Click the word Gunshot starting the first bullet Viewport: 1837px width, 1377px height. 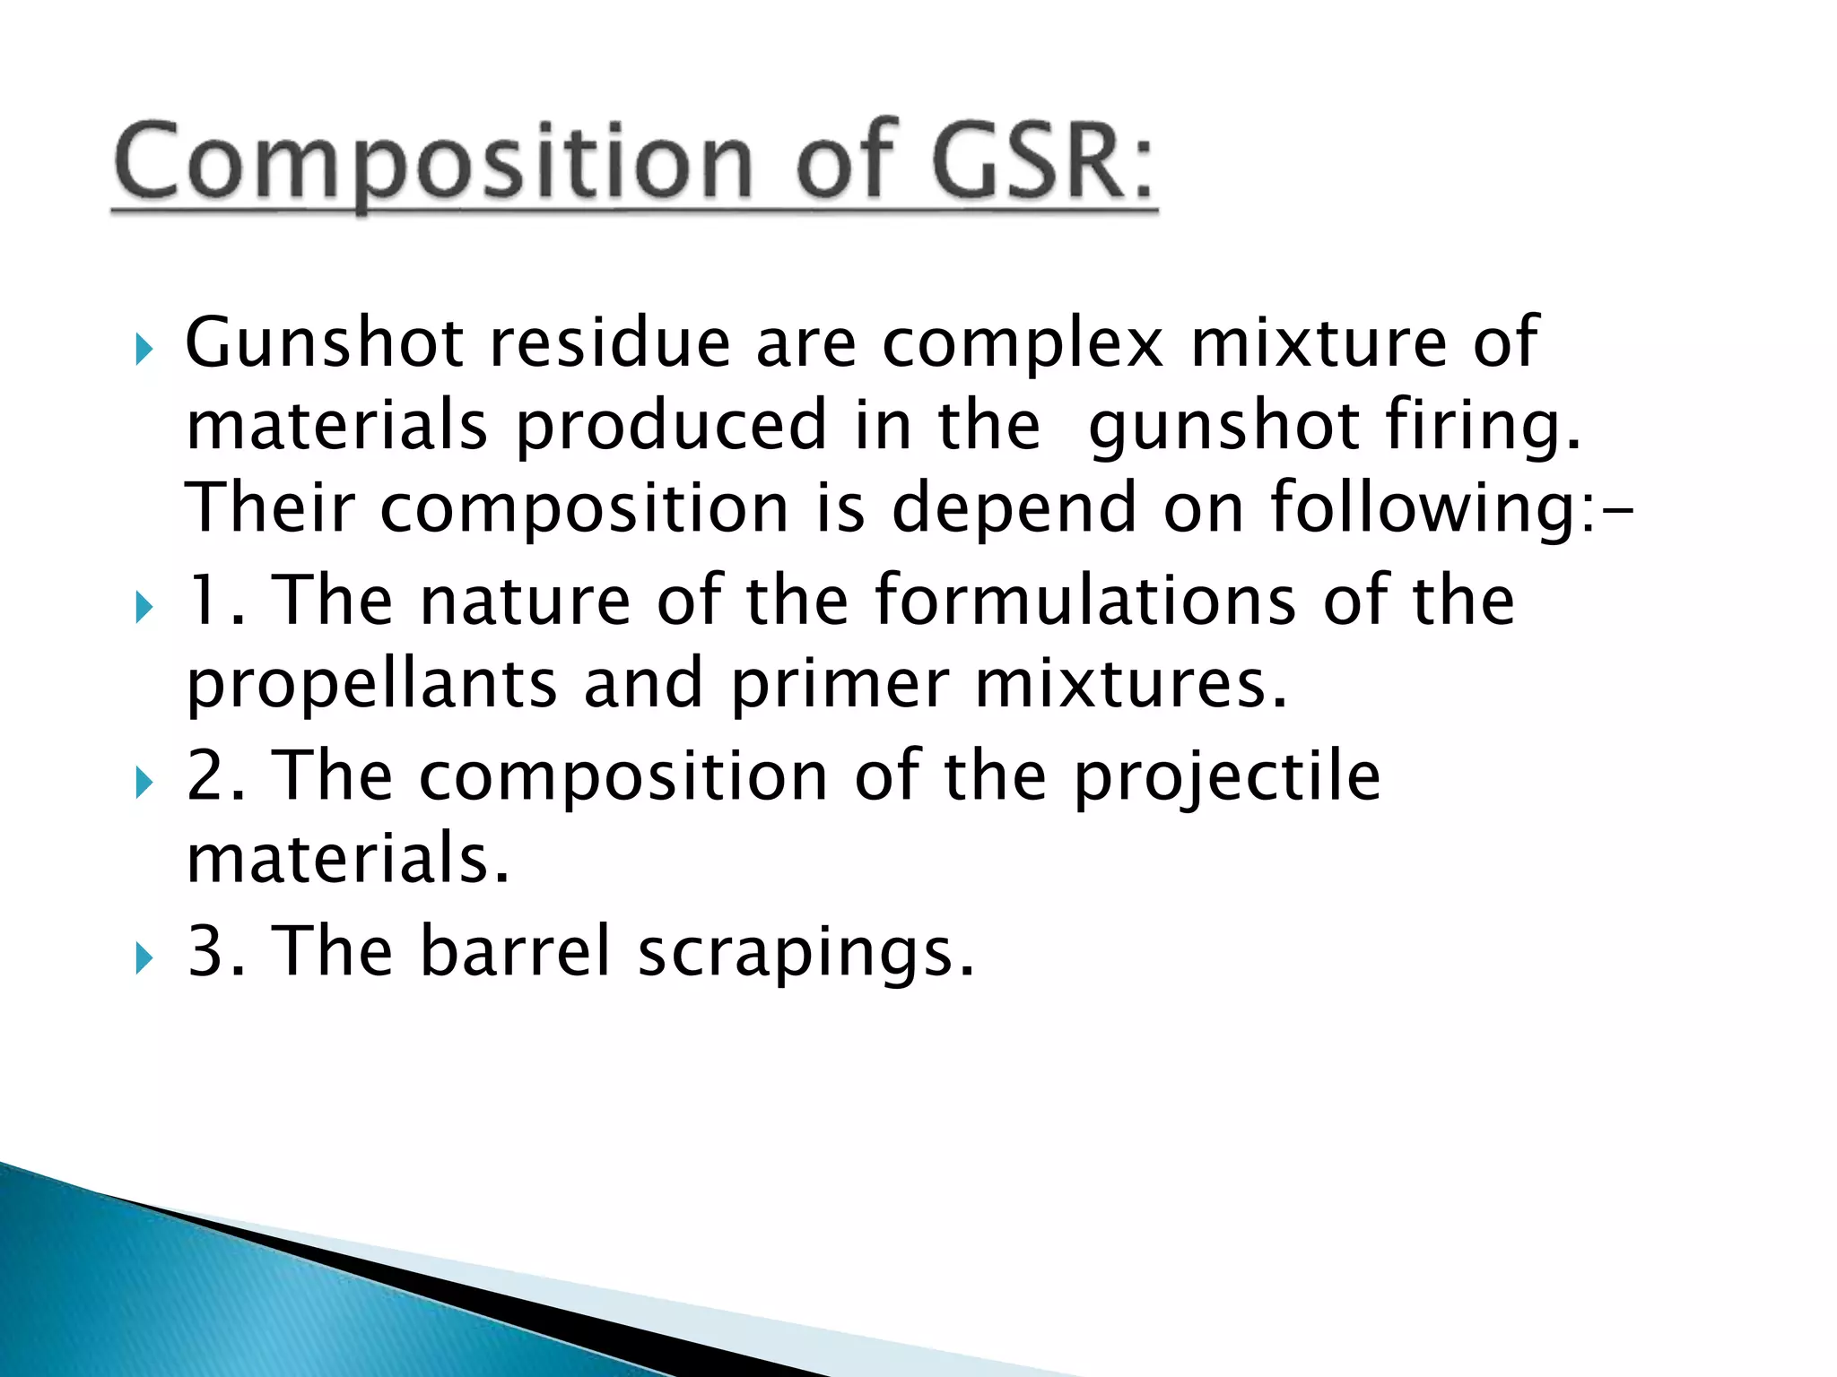324,343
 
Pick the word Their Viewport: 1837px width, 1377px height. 270,508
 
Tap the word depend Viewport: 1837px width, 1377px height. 1014,508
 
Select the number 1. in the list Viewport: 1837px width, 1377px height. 214,600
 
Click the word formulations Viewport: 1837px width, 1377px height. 1084,600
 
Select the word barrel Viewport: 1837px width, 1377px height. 515,951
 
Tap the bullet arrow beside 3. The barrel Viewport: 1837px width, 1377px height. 144,959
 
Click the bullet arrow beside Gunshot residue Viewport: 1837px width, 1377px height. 144,350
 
